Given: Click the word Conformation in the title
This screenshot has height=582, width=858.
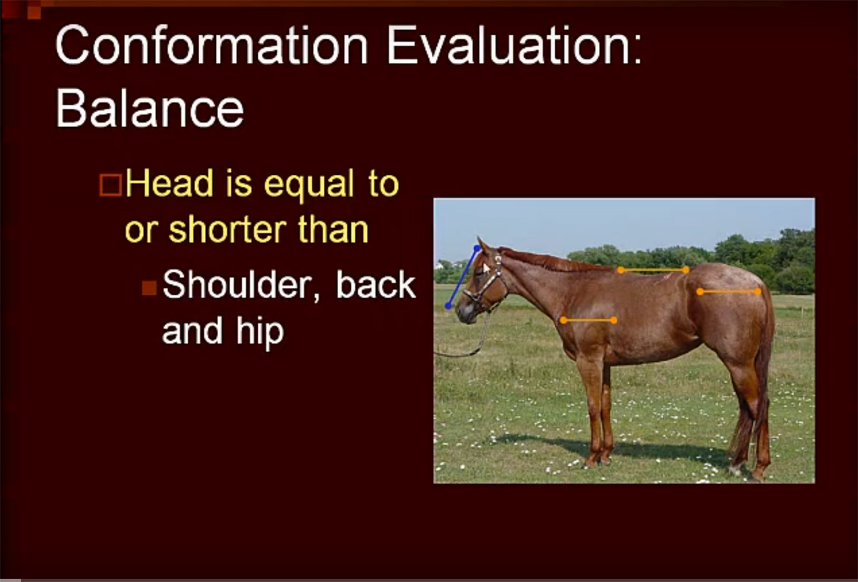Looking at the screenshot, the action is (212, 45).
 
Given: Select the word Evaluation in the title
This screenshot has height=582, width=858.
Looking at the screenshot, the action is (514, 45).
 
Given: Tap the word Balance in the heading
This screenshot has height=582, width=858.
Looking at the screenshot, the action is (149, 109).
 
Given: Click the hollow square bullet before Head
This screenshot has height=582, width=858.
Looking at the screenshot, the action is (111, 185).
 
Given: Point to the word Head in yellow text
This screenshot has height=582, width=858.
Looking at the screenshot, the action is (169, 183).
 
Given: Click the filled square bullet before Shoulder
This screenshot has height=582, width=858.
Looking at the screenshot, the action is (149, 288).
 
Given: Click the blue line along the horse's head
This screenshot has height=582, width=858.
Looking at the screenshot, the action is (463, 277).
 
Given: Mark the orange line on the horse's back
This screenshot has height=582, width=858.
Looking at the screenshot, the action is (653, 270).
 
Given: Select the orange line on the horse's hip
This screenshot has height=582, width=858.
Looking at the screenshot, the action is (729, 291).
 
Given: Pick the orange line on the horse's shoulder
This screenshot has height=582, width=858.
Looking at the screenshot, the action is (588, 320).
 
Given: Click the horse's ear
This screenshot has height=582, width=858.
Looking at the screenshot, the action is (483, 246).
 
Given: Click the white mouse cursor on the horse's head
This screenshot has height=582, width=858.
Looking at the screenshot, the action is (485, 268).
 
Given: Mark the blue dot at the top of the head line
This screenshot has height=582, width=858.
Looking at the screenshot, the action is (478, 249).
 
